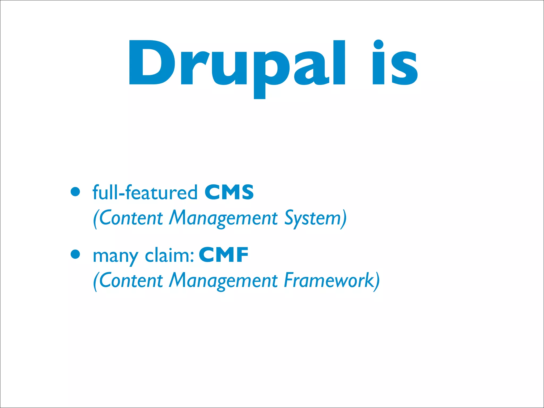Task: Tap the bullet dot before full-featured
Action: [75, 192]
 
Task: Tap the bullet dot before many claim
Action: [75, 254]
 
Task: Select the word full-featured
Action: [145, 192]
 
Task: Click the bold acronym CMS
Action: [229, 192]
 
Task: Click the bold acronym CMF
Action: [223, 255]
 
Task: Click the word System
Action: [312, 219]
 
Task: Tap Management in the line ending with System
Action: [223, 219]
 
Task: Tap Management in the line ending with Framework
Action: [223, 282]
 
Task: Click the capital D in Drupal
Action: [151, 63]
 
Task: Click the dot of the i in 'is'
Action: [378, 45]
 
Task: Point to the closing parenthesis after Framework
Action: [377, 281]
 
